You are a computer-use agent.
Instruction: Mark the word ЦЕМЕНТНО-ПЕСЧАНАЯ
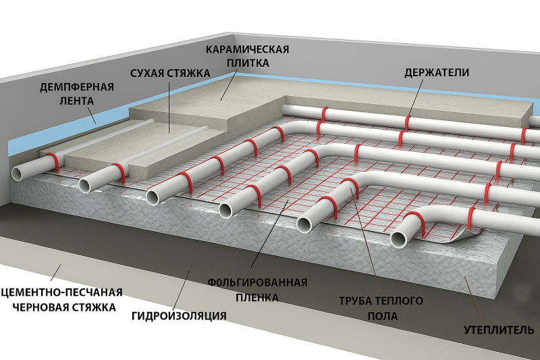coord(62,293)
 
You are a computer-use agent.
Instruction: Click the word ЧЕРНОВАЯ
coord(38,307)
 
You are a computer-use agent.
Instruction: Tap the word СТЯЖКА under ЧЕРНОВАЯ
coord(94,307)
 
